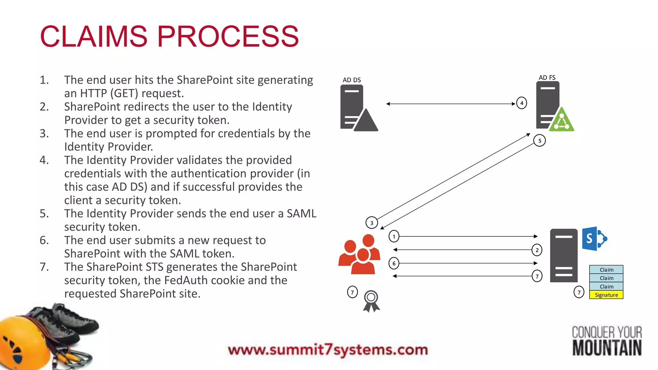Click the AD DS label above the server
351,80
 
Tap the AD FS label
547,77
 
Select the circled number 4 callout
521,103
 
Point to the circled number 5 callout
539,141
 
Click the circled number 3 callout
372,223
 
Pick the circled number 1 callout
394,236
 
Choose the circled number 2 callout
537,250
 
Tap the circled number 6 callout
394,263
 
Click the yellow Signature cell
606,295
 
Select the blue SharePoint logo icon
594,239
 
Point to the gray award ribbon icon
371,301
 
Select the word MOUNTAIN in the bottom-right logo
607,348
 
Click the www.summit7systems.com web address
328,350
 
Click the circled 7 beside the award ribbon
352,292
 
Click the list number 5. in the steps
44,214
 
